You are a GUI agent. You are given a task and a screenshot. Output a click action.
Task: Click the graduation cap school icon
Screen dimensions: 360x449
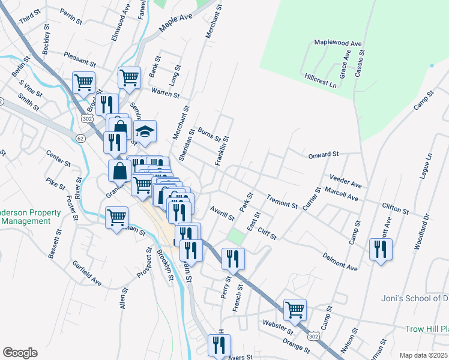(x=145, y=131)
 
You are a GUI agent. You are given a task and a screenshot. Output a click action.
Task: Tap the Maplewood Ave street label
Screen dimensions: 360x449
(x=339, y=44)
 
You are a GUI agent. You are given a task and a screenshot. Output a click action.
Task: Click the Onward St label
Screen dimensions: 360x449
(x=324, y=155)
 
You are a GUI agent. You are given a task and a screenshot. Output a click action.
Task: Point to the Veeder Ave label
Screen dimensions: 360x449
(x=346, y=181)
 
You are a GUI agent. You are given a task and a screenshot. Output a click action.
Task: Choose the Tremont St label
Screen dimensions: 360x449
(x=282, y=202)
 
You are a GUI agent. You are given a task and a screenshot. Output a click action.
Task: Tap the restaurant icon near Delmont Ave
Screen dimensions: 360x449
(x=381, y=249)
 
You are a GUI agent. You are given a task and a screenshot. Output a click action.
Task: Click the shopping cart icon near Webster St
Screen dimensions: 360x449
(x=295, y=310)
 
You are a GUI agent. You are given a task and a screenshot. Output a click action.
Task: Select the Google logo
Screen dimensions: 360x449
(x=20, y=353)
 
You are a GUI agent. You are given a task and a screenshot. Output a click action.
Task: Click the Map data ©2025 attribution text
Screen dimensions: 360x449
(x=424, y=355)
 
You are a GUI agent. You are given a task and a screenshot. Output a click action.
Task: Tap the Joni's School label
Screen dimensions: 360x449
(x=415, y=298)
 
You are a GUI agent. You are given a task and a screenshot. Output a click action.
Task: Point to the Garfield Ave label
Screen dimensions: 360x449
(x=87, y=273)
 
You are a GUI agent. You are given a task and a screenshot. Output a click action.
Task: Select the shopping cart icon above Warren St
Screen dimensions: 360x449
(x=129, y=77)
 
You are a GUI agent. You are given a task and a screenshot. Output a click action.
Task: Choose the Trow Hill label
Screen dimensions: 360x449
(x=426, y=329)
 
